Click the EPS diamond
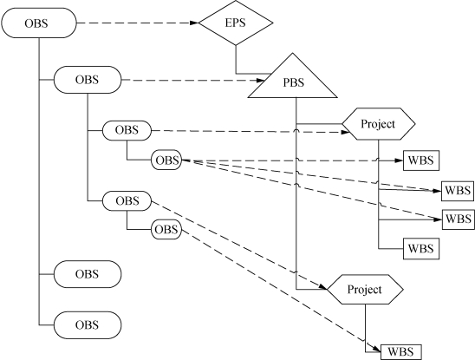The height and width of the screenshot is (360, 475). pos(236,23)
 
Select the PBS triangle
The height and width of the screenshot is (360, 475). pos(293,80)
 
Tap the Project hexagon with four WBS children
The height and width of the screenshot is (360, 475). pos(379,124)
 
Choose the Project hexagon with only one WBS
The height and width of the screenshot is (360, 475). pos(365,290)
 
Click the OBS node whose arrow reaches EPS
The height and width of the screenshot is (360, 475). pos(39,23)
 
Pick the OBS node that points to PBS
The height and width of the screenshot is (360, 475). pos(88,80)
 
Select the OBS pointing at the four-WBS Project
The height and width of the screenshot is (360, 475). pos(127,130)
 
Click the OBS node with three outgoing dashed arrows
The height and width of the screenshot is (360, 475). pos(166,160)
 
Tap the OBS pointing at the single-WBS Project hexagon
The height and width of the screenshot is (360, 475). pos(127,200)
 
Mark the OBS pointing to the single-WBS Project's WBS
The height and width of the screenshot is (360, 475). pos(166,229)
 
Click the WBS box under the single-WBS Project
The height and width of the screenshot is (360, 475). pos(400,352)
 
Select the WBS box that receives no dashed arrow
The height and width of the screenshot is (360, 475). pos(421,249)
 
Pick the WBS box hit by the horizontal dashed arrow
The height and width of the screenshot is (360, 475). pos(421,160)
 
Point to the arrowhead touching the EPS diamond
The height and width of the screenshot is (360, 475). pos(194,23)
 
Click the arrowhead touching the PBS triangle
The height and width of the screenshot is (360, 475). pos(261,81)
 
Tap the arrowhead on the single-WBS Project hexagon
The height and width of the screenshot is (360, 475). pos(323,287)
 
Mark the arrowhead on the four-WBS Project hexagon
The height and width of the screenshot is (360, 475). pos(346,132)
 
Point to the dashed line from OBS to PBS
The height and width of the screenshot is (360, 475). pos(193,80)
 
